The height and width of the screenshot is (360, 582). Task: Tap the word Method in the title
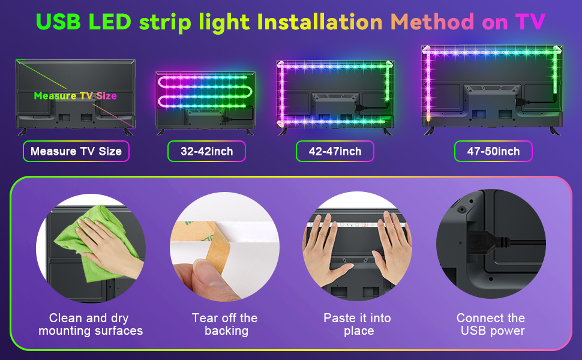coord(432,22)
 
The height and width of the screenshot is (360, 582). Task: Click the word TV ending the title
coord(530,22)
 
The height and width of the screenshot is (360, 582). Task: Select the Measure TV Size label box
coord(76,151)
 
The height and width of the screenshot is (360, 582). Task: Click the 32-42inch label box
coord(206,151)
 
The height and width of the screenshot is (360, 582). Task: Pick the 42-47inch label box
coord(335,151)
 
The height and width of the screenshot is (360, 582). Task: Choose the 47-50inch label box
coord(493,151)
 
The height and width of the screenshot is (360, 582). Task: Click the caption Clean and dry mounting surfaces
coord(91,324)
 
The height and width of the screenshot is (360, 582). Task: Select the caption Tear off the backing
coord(224,324)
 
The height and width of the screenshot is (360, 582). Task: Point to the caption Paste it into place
coord(357,324)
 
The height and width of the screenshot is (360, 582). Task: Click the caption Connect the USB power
coord(491,324)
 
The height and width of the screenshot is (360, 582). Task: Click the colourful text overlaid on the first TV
coord(75,95)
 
